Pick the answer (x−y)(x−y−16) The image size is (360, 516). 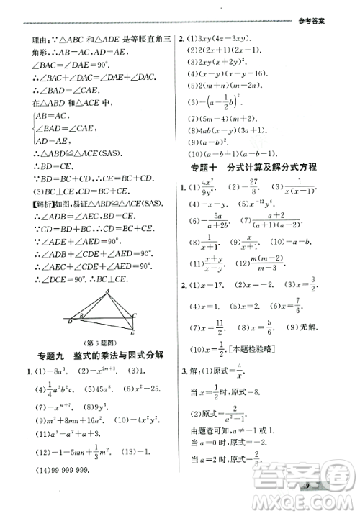pyautogui.click(x=228, y=74)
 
